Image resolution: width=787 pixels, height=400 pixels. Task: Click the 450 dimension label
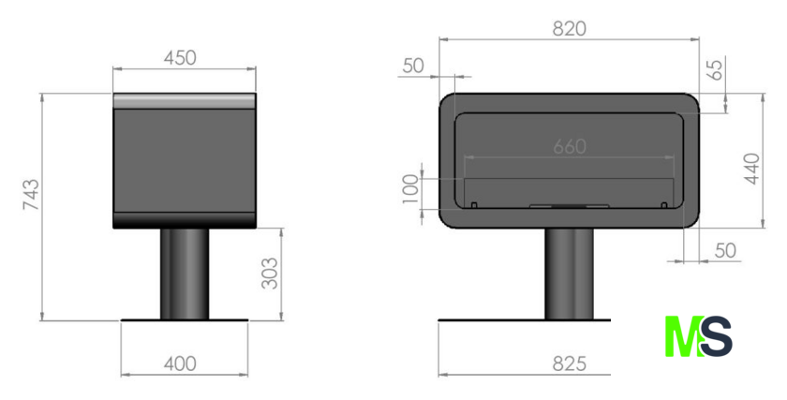(x=180, y=58)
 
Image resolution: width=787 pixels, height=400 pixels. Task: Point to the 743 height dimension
(x=31, y=194)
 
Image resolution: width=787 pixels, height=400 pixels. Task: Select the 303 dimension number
(x=270, y=274)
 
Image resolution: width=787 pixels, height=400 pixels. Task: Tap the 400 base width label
(x=180, y=363)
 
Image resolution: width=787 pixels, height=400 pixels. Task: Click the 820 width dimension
(x=570, y=29)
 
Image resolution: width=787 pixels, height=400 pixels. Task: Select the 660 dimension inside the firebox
(x=570, y=146)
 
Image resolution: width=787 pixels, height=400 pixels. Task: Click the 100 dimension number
(x=410, y=189)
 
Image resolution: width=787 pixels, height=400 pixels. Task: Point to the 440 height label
(x=751, y=169)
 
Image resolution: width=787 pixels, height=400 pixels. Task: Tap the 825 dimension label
(x=570, y=363)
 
